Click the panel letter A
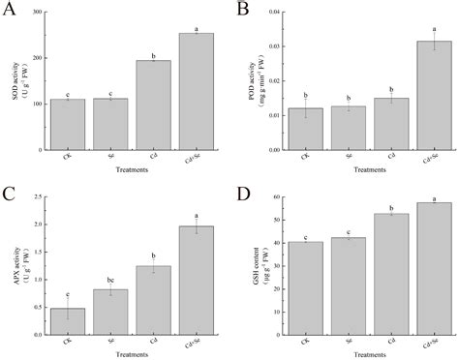click(12, 12)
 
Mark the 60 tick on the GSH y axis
click(277, 197)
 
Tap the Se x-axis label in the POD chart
click(349, 159)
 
